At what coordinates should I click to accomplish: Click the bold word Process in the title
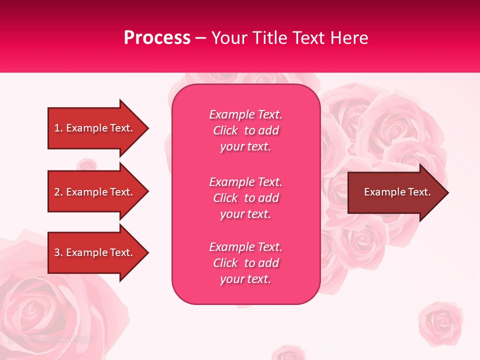pos(157,38)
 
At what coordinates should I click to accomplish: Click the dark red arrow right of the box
pos(395,192)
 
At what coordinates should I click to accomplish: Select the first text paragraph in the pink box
pos(245,130)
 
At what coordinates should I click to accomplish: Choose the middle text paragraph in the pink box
pos(245,198)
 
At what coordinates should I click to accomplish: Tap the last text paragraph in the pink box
pos(245,263)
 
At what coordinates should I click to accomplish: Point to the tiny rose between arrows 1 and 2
pos(87,164)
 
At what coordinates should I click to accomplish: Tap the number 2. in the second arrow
pos(58,192)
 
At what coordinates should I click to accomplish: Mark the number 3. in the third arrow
pos(58,252)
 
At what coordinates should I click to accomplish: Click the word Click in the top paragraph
pos(225,130)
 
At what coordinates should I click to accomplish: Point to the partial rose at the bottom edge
pos(288,352)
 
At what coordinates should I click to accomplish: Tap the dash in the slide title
pos(201,38)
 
